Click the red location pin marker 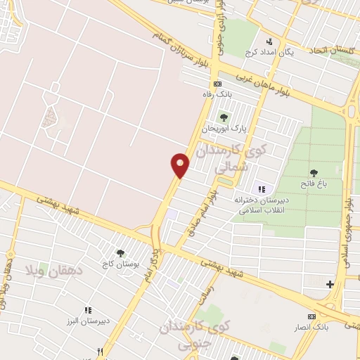click(180, 165)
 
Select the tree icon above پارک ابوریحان click(224, 117)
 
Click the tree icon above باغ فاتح click(312, 172)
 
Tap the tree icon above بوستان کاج click(120, 252)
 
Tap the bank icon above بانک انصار click(312, 317)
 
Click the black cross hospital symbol click(330, 284)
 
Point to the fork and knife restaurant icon click(101, 352)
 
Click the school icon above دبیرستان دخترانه click(262, 189)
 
